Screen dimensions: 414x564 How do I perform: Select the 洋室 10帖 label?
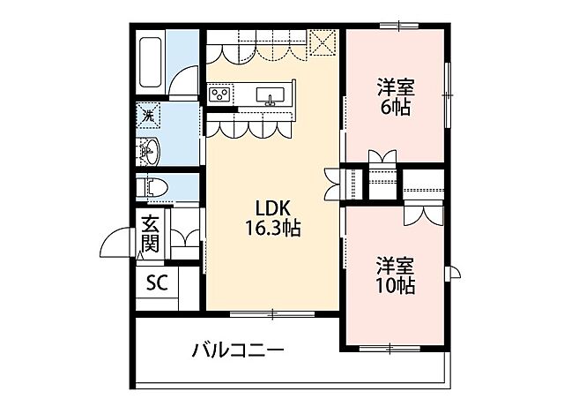[396, 275]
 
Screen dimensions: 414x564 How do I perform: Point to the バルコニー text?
[238, 350]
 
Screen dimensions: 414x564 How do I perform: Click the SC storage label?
[156, 283]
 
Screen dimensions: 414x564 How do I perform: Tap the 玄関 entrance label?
[150, 233]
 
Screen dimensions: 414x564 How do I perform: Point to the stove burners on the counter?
[219, 94]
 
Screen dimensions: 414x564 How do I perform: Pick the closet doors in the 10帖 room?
[417, 212]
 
